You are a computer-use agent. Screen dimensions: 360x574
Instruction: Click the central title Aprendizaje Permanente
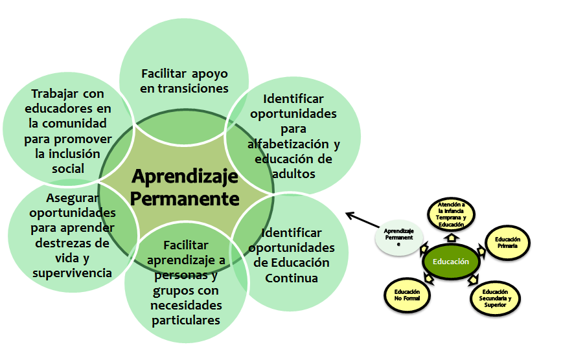[185, 187]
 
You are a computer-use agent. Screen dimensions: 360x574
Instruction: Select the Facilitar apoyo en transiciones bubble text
[185, 81]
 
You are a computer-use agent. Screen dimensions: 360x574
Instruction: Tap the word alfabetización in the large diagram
[293, 144]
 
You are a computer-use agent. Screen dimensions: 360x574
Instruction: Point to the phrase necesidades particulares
[187, 312]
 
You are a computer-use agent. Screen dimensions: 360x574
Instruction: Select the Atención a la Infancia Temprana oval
[452, 214]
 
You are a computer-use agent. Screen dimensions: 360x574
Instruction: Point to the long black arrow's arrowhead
[348, 214]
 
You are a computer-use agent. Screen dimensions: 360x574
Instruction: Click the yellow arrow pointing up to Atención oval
[451, 236]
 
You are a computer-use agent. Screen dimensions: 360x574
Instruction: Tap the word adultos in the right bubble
[294, 174]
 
